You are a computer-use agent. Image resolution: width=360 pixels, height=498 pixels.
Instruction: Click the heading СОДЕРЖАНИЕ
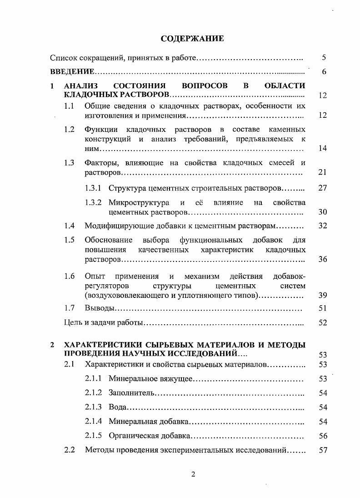[x=192, y=39]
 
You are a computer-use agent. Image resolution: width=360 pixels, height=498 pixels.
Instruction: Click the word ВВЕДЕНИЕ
[x=72, y=72]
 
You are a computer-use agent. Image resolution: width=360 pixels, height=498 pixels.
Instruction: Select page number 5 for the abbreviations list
[x=324, y=58]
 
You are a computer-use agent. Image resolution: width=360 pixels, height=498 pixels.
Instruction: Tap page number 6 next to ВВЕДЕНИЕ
[x=324, y=72]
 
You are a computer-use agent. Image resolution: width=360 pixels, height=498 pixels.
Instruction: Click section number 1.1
[x=69, y=106]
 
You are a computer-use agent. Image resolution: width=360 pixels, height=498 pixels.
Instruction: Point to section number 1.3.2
[x=94, y=202]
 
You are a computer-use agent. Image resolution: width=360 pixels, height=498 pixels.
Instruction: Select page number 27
[x=323, y=188]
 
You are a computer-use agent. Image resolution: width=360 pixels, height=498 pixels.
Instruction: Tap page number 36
[x=323, y=259]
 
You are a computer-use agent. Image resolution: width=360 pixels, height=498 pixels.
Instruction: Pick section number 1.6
[x=69, y=276]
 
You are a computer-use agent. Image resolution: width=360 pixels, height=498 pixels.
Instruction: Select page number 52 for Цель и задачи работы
[x=323, y=323]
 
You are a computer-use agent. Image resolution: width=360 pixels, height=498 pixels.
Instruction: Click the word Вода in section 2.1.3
[x=117, y=407]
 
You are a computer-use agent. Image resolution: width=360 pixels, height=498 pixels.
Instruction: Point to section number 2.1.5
[x=94, y=436]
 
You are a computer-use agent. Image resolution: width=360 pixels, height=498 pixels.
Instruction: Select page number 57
[x=323, y=450]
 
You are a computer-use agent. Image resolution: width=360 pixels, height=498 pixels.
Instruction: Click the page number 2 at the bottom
[x=193, y=474]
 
